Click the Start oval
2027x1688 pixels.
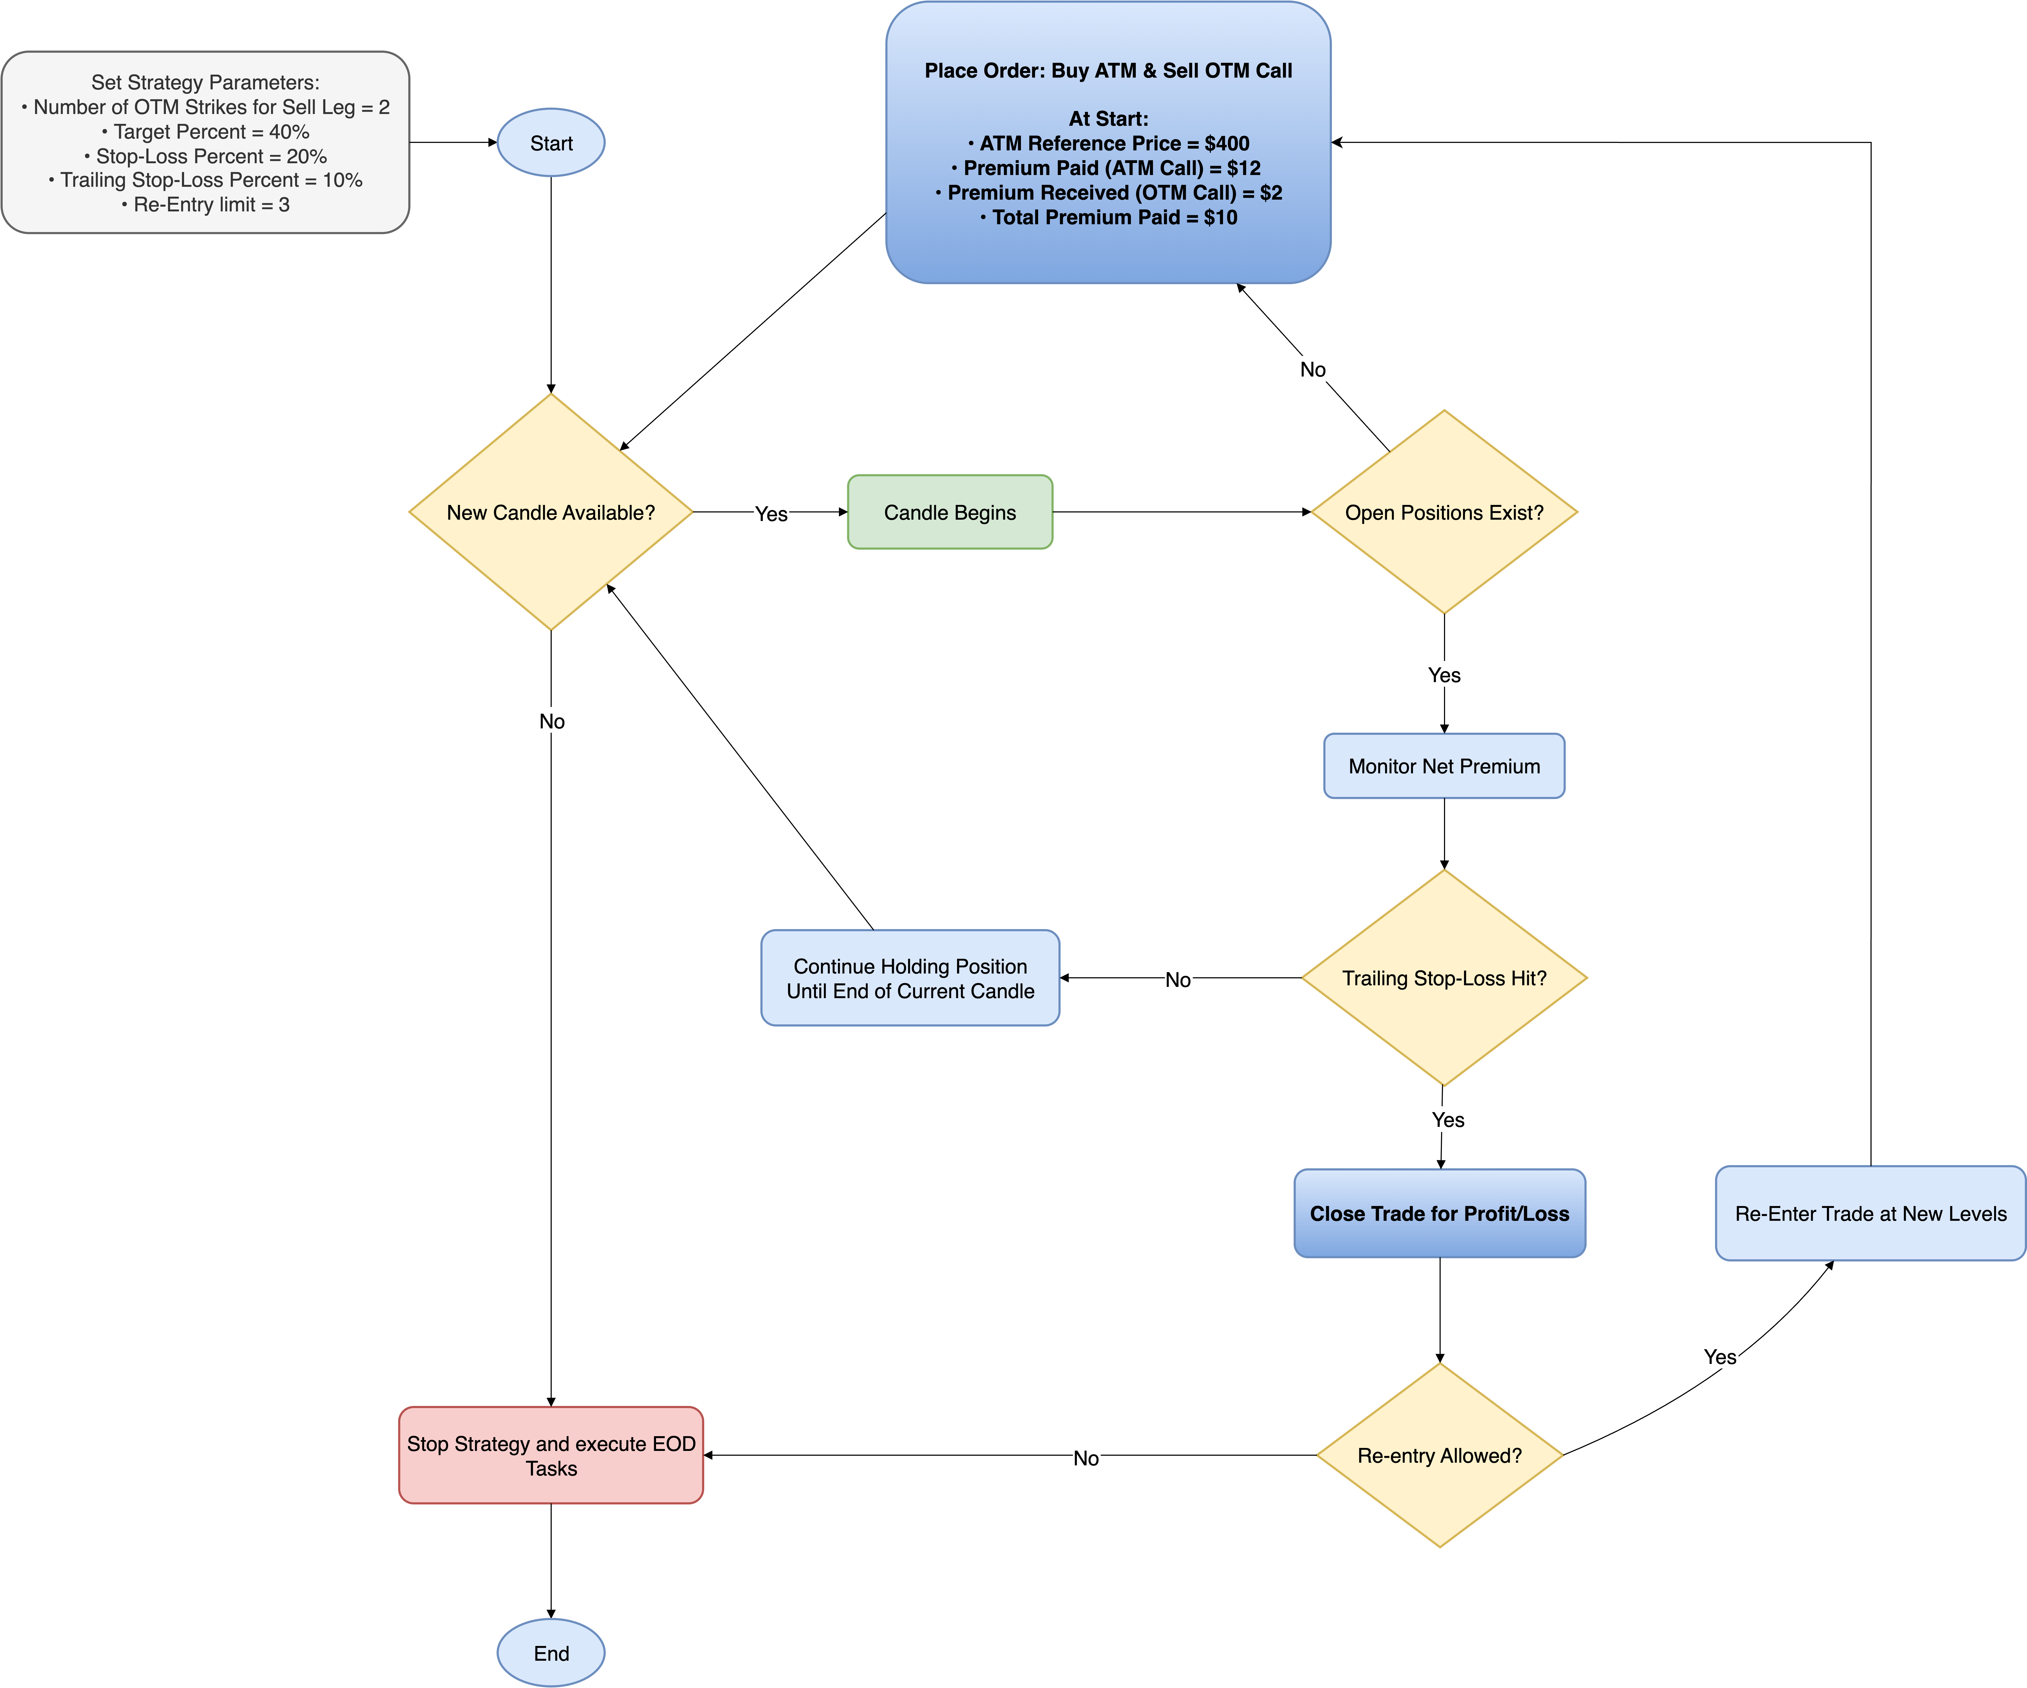(550, 143)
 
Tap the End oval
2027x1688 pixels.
(550, 1653)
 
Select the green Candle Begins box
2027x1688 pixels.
(950, 512)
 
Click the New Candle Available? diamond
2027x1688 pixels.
(550, 512)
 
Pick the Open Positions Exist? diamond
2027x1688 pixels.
(1444, 512)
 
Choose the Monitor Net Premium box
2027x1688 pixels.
(1444, 766)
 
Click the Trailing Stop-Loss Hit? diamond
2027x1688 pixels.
(1444, 978)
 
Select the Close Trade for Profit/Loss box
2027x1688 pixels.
(1439, 1213)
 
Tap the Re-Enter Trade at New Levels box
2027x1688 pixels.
(1870, 1213)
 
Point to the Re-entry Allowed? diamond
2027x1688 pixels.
(1439, 1455)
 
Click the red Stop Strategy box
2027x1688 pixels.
(550, 1455)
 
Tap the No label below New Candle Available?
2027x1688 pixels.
(551, 721)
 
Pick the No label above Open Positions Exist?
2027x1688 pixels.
(1313, 370)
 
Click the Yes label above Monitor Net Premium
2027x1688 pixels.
(1444, 675)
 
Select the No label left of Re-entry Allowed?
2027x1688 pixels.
(1086, 1457)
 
